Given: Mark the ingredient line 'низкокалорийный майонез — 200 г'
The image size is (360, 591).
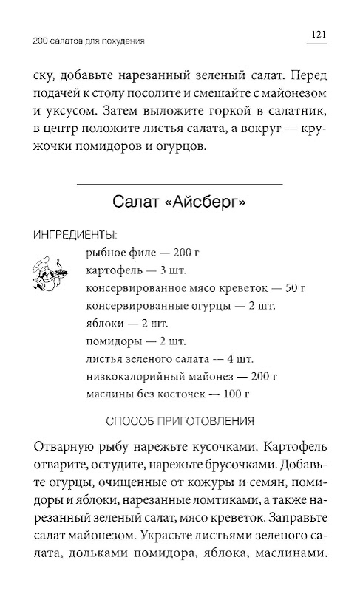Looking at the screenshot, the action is pos(171,376).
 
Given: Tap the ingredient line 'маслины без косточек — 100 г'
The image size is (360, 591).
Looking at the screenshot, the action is pos(160,394).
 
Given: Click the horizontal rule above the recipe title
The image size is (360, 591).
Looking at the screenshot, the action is pos(180,182).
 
